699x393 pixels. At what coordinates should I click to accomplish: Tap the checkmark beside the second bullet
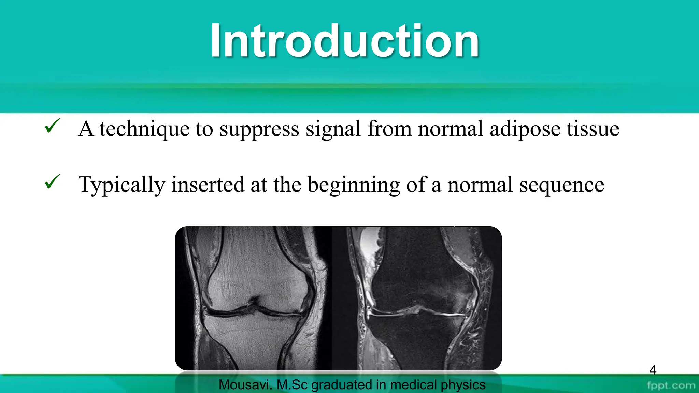[x=52, y=182]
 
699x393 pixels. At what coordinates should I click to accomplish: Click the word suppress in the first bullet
[x=259, y=130]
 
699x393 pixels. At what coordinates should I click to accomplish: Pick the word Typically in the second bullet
[x=122, y=185]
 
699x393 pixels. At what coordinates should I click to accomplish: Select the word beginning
[x=354, y=185]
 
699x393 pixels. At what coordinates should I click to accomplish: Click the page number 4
[x=653, y=370]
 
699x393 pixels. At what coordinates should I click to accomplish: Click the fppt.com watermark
[x=671, y=385]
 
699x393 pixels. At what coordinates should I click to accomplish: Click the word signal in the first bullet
[x=333, y=130]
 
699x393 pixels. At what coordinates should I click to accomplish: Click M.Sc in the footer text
[x=292, y=385]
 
